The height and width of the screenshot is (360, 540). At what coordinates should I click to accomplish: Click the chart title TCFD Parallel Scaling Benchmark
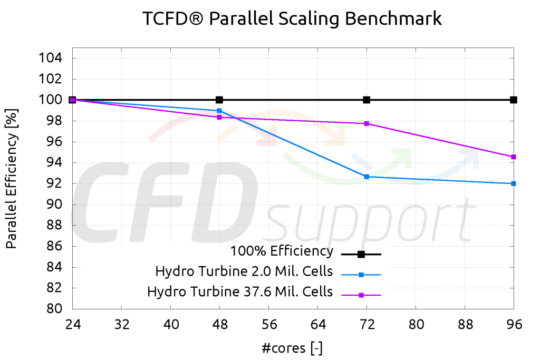[x=292, y=19]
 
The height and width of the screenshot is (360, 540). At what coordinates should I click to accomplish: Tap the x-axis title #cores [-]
[x=292, y=347]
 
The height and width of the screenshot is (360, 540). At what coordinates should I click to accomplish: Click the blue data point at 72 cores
[x=367, y=177]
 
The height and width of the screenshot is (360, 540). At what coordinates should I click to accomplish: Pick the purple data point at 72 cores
[x=367, y=123]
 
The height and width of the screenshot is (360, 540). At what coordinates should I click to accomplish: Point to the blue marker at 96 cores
[x=513, y=183]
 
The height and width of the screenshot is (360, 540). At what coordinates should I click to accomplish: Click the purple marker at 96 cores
[x=513, y=157]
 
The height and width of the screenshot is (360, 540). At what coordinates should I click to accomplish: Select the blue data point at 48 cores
[x=219, y=111]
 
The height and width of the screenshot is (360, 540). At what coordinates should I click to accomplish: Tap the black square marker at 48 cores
[x=219, y=100]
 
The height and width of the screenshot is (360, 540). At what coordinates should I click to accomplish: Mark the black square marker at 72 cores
[x=367, y=100]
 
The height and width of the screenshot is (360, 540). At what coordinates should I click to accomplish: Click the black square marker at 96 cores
[x=513, y=100]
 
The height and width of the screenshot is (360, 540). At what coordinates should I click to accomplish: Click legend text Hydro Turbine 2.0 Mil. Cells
[x=244, y=271]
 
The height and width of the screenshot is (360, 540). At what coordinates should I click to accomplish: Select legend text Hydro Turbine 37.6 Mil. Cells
[x=240, y=291]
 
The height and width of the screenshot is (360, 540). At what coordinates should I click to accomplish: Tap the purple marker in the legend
[x=361, y=295]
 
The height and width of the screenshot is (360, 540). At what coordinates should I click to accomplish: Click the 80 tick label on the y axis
[x=54, y=309]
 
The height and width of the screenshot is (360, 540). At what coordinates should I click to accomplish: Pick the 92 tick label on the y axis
[x=54, y=183]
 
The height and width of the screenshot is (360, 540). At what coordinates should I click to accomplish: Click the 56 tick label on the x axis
[x=268, y=325]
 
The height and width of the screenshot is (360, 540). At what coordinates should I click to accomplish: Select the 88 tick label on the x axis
[x=465, y=325]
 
